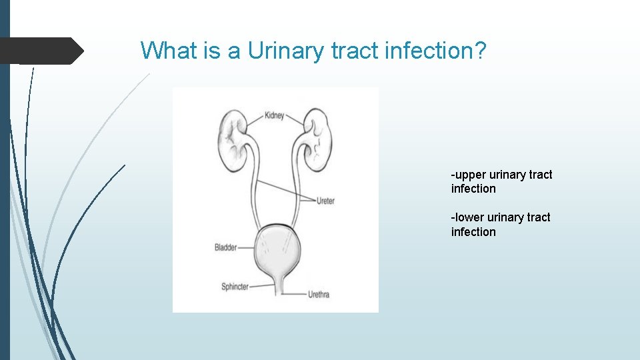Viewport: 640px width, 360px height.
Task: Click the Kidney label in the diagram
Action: [274, 115]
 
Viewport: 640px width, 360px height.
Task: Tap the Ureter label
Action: [325, 200]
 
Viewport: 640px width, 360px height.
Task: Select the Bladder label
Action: [225, 247]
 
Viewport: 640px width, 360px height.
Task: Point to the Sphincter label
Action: [235, 287]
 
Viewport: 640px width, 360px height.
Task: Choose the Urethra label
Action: [318, 294]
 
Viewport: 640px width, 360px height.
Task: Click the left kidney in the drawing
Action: [229, 140]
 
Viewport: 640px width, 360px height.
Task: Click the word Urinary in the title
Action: [289, 51]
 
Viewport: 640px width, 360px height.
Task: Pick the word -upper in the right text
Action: [469, 175]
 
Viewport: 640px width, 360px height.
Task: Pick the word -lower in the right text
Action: [467, 217]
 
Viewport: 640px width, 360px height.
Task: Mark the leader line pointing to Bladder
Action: [247, 247]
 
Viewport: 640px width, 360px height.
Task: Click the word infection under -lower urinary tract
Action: [473, 232]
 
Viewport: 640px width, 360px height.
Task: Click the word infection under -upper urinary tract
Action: [473, 189]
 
